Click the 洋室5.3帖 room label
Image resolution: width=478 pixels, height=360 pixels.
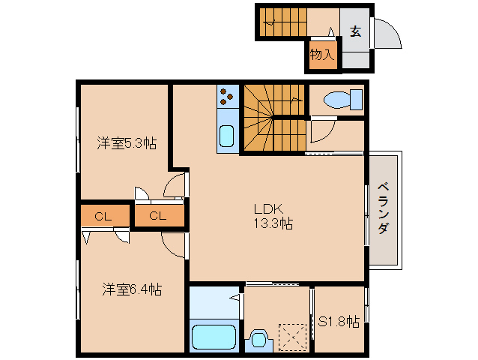point(126,142)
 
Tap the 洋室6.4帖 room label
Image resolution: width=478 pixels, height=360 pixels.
point(132,289)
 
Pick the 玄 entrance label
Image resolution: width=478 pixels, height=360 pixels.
point(354,31)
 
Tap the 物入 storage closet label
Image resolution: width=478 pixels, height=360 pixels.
point(322,55)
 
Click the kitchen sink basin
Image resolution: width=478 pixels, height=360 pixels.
point(226,136)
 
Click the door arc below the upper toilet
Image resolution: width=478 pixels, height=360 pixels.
point(321,132)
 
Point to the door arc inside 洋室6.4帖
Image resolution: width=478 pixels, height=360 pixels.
point(174,244)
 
